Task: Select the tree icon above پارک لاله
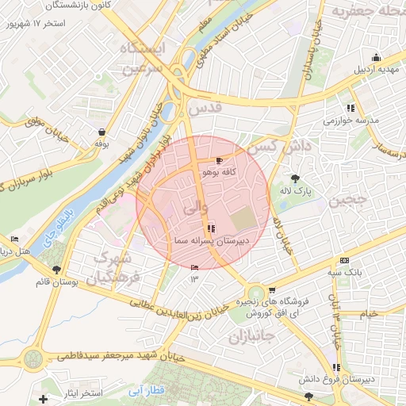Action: click(x=297, y=178)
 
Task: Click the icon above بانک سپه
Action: click(x=343, y=260)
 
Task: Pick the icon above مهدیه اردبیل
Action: click(x=376, y=57)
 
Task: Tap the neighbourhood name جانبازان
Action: click(x=250, y=337)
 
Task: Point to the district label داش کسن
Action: click(x=272, y=146)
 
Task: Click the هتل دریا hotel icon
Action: click(x=14, y=239)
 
